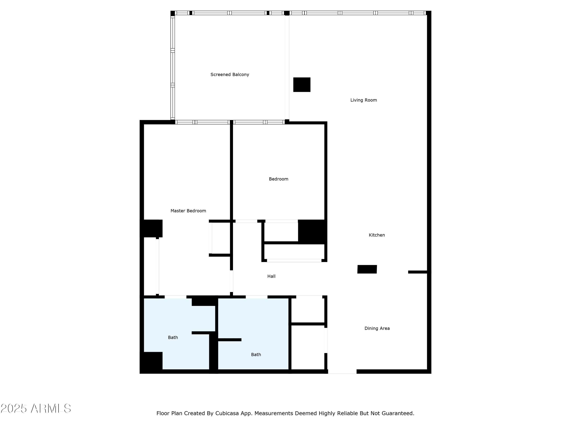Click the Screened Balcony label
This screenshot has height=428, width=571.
click(230, 75)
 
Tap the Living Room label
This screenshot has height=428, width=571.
click(364, 100)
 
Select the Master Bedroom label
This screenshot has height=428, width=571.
click(188, 211)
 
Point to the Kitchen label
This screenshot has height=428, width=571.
click(377, 235)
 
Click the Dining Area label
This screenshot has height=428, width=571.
click(377, 328)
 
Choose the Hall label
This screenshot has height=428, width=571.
click(271, 276)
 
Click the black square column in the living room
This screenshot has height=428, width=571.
click(302, 85)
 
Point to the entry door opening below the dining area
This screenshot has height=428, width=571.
click(342, 372)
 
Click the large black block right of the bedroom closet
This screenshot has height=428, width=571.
click(312, 232)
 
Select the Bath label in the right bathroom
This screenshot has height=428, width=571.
click(256, 355)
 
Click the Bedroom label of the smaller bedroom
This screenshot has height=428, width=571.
click(278, 179)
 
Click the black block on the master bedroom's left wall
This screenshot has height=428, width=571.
click(152, 228)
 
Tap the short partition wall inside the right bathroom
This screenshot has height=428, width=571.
click(230, 340)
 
